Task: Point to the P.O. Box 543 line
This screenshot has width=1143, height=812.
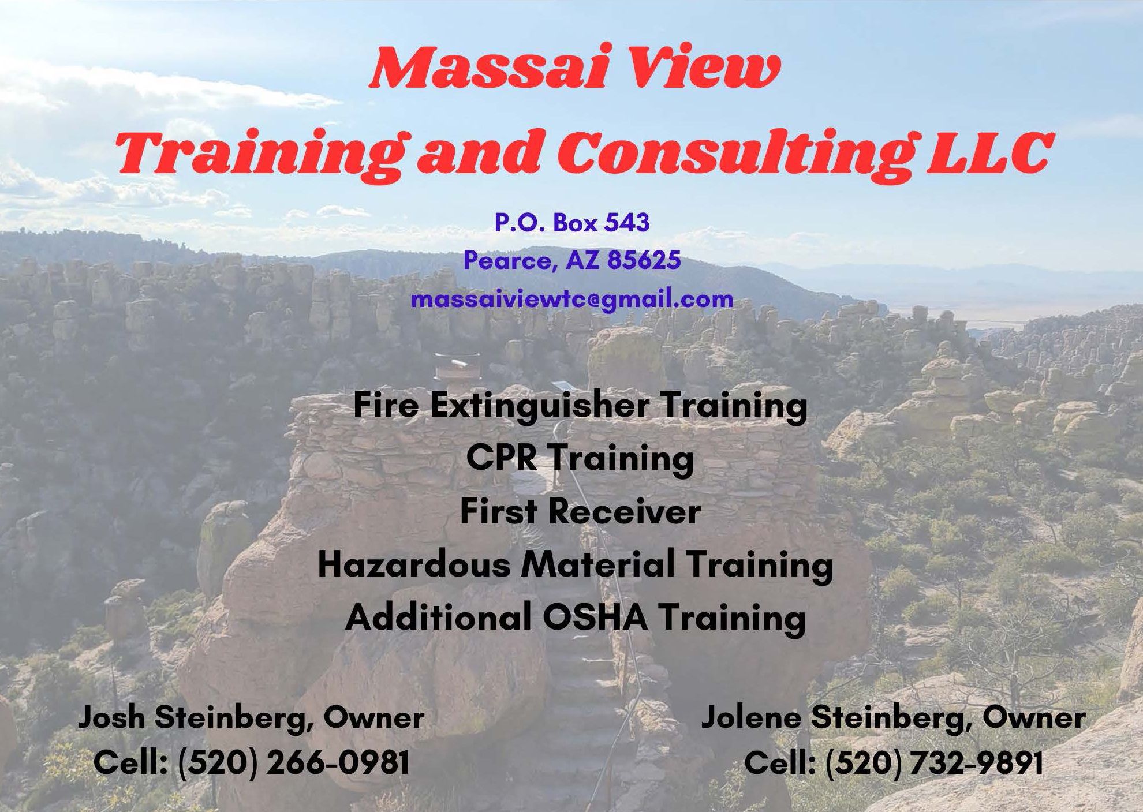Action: click(x=572, y=222)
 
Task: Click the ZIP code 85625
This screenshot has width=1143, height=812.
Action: click(x=644, y=260)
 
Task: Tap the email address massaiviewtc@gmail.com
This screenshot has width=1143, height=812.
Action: click(x=572, y=299)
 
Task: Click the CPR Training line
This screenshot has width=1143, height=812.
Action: click(x=580, y=458)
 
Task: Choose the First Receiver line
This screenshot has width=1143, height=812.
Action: click(x=580, y=511)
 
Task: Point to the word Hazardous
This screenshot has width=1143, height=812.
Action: click(x=414, y=564)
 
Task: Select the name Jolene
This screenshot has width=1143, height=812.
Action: click(x=751, y=717)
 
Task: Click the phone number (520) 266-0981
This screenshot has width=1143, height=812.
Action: click(x=294, y=762)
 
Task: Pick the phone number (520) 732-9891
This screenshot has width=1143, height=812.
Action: click(x=935, y=762)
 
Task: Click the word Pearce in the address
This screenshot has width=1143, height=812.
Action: click(x=511, y=261)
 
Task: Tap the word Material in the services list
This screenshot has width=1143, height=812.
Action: click(x=598, y=564)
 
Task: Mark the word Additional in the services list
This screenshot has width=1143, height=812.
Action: click(x=438, y=618)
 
